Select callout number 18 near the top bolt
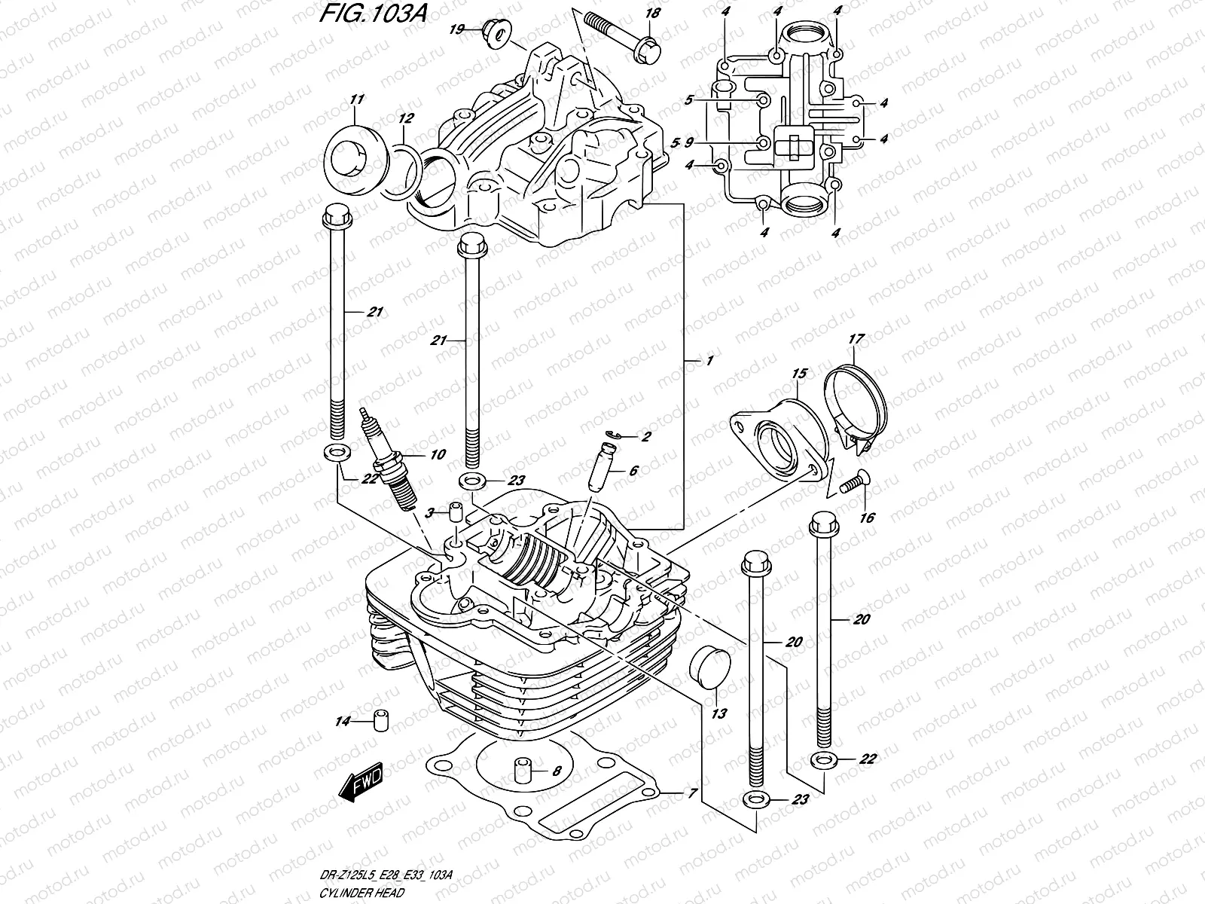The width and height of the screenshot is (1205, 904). coord(652,13)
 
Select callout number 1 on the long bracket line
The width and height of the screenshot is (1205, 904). coord(707,362)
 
